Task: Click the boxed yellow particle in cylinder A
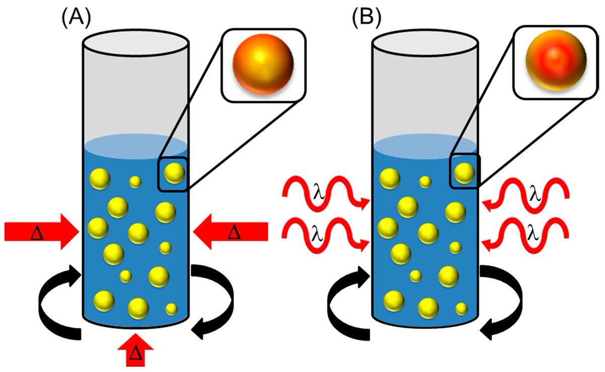(174, 173)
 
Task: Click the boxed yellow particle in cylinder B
(464, 173)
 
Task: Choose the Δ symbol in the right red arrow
(233, 232)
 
